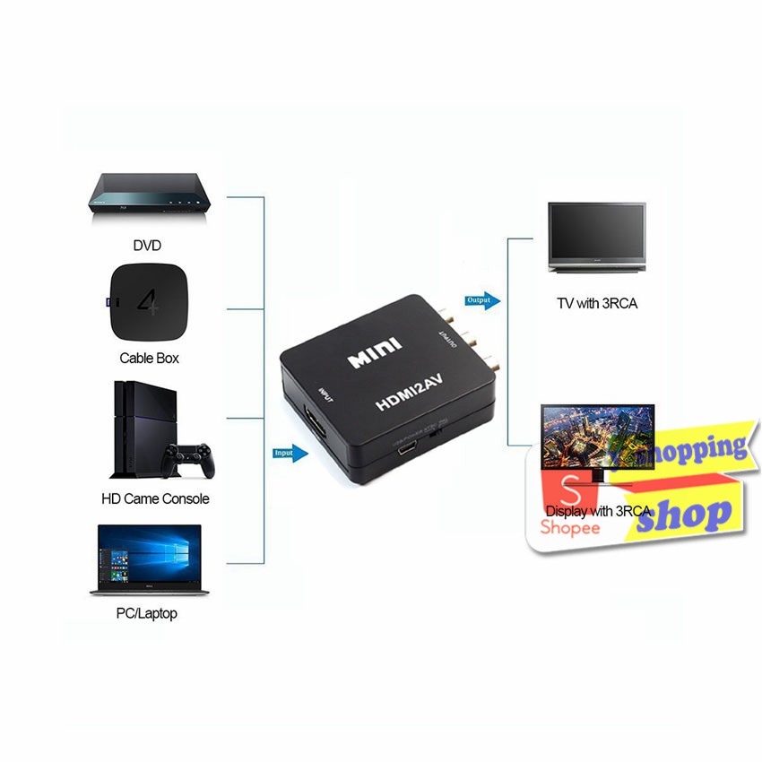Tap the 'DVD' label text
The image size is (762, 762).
click(x=147, y=245)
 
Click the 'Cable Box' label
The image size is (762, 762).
click(x=149, y=358)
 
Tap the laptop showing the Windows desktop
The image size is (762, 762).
click(x=150, y=561)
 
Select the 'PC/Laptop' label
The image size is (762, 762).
click(x=146, y=613)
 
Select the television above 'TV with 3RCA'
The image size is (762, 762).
click(x=596, y=237)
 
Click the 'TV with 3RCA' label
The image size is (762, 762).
click(x=597, y=303)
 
